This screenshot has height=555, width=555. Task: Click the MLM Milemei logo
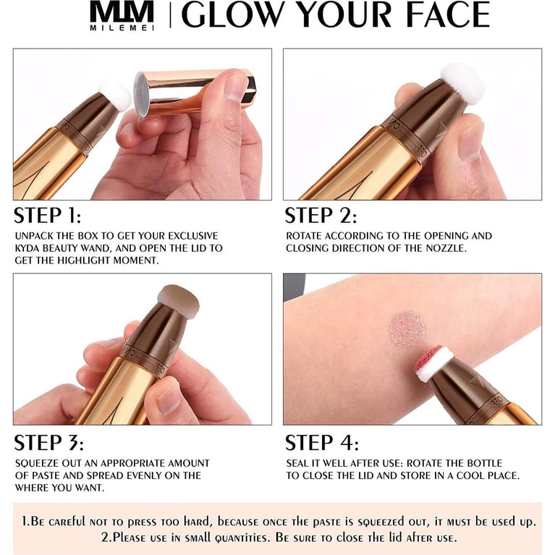[x=122, y=16]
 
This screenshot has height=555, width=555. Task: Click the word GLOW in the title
[x=226, y=15]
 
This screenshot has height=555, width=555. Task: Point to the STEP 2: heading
[x=321, y=216]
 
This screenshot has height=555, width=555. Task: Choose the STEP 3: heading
[x=48, y=442]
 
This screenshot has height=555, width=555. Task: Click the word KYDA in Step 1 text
[x=30, y=248]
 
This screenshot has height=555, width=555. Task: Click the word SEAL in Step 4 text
[x=300, y=463]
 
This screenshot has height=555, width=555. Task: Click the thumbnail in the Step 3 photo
[x=169, y=394]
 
